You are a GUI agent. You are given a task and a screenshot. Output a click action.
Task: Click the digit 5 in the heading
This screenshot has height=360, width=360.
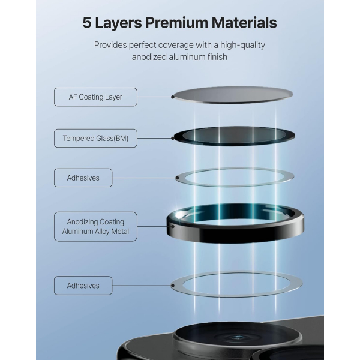tap(87, 23)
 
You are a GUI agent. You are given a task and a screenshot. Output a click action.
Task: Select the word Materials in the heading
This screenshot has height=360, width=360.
tap(242, 23)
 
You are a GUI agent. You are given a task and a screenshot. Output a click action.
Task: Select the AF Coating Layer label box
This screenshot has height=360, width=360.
tap(95, 97)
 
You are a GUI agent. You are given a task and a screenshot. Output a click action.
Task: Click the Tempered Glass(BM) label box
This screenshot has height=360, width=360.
tap(95, 139)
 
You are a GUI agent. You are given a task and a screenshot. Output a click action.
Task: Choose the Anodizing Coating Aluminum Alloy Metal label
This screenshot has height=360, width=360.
tap(95, 226)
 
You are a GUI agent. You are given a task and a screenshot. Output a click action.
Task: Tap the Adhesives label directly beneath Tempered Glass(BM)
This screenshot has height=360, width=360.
tap(83, 178)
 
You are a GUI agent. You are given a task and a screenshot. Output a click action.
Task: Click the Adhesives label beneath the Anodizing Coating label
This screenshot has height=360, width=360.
tap(83, 285)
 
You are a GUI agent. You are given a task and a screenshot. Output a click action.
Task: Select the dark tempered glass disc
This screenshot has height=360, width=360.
tap(234, 136)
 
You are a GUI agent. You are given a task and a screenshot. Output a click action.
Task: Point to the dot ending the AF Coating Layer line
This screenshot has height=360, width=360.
tap(173, 96)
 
